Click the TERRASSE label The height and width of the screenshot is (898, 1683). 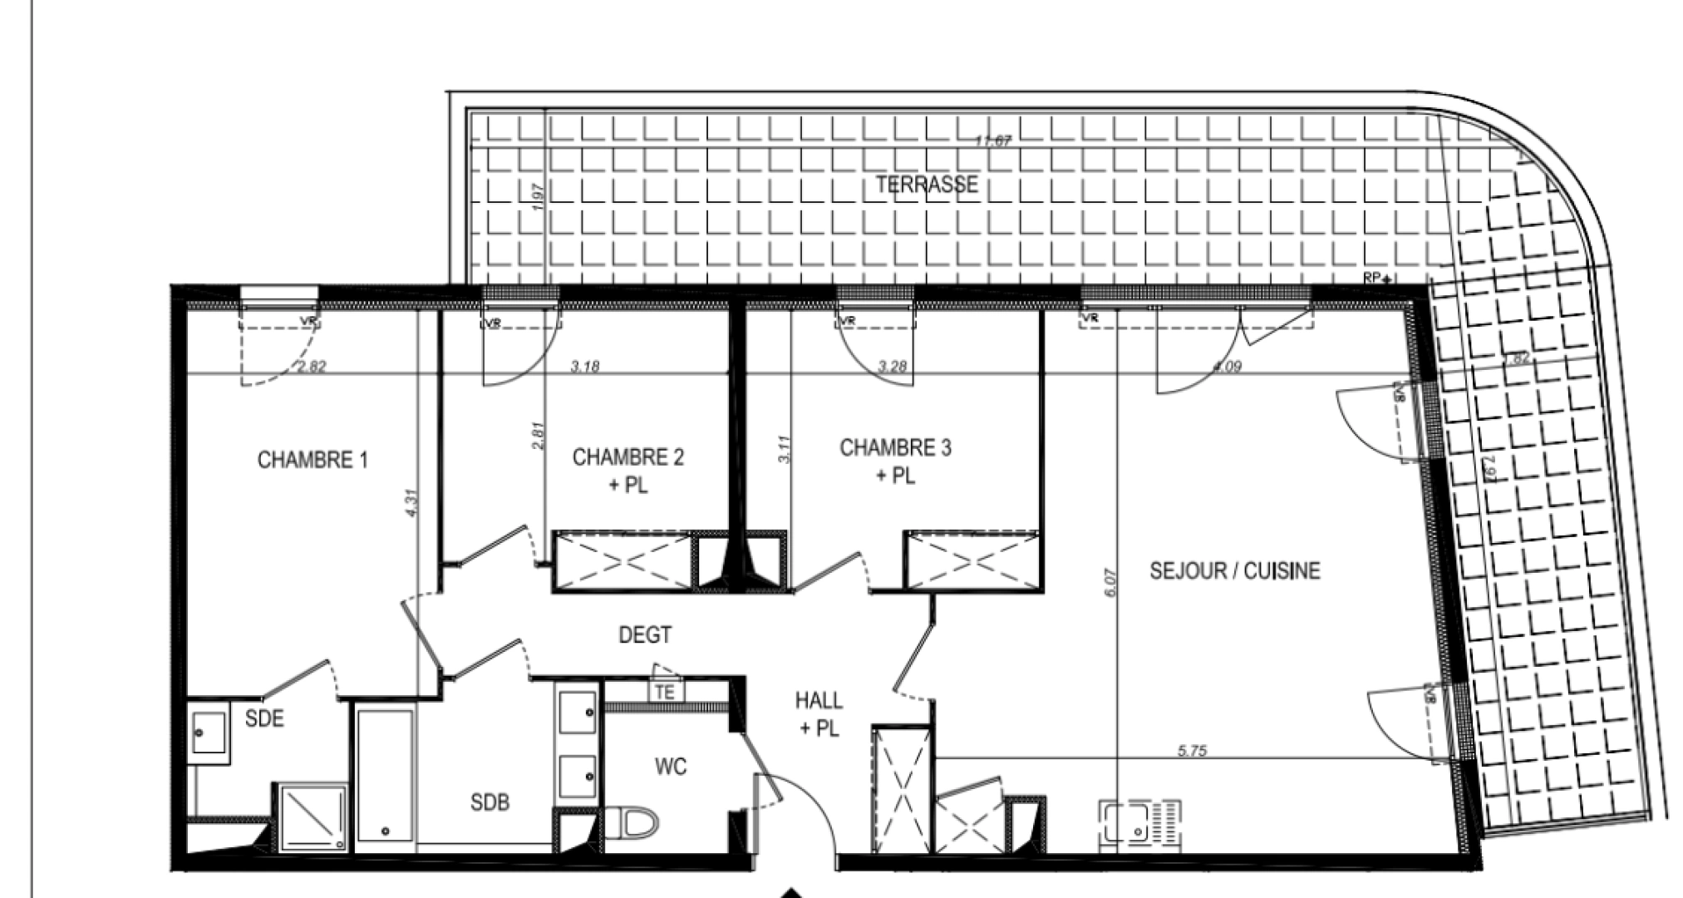tap(926, 184)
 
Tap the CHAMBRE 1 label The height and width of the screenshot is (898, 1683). tap(312, 460)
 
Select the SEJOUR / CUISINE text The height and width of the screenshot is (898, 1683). tap(1234, 570)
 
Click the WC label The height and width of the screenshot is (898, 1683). tap(670, 766)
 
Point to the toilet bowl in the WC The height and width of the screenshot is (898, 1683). tap(636, 824)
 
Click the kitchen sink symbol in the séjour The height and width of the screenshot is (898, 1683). tap(1139, 822)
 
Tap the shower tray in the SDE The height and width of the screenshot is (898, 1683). tap(312, 818)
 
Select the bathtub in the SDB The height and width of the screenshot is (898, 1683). tap(386, 774)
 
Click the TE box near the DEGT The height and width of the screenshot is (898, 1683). tap(665, 692)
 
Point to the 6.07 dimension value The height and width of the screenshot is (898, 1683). tap(1112, 582)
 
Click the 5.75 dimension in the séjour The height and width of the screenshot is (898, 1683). tap(1192, 751)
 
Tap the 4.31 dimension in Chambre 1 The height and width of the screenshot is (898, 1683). tap(412, 503)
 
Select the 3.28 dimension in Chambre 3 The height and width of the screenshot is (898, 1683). tap(892, 366)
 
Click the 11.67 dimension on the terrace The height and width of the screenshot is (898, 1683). tap(992, 141)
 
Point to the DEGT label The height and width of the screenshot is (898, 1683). tap(645, 635)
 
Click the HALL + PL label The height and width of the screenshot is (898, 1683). tap(819, 714)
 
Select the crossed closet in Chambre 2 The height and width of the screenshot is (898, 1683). tap(624, 562)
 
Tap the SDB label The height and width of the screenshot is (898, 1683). tap(490, 802)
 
